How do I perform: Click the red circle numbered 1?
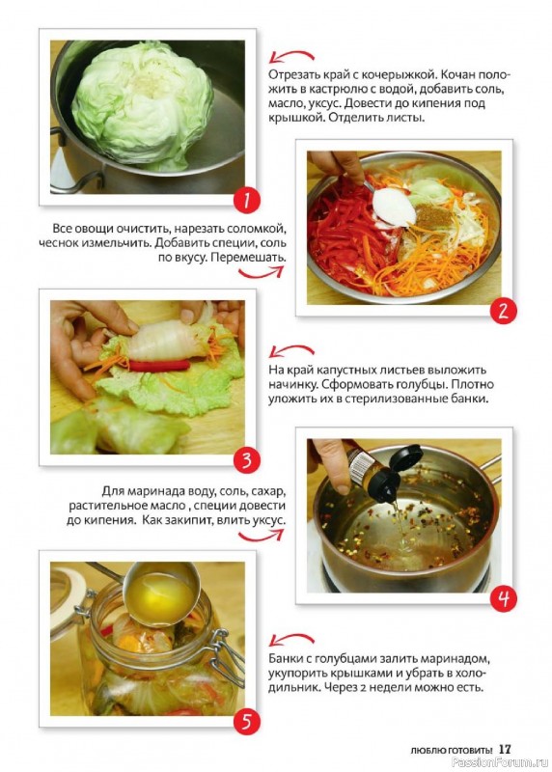pyautogui.click(x=247, y=201)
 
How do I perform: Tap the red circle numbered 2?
pyautogui.click(x=503, y=311)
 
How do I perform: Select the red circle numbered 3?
pyautogui.click(x=247, y=460)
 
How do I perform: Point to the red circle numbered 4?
pyautogui.click(x=503, y=598)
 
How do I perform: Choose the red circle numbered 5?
pyautogui.click(x=247, y=722)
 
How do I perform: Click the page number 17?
pyautogui.click(x=506, y=749)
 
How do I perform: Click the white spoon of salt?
pyautogui.click(x=393, y=206)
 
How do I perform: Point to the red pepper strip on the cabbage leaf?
pyautogui.click(x=159, y=365)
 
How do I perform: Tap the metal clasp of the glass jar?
pyautogui.click(x=228, y=657)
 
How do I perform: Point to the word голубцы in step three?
pyautogui.click(x=419, y=384)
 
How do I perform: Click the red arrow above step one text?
pyautogui.click(x=291, y=56)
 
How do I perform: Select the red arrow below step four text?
pyautogui.click(x=261, y=536)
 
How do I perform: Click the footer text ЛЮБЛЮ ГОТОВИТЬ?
pyautogui.click(x=451, y=751)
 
